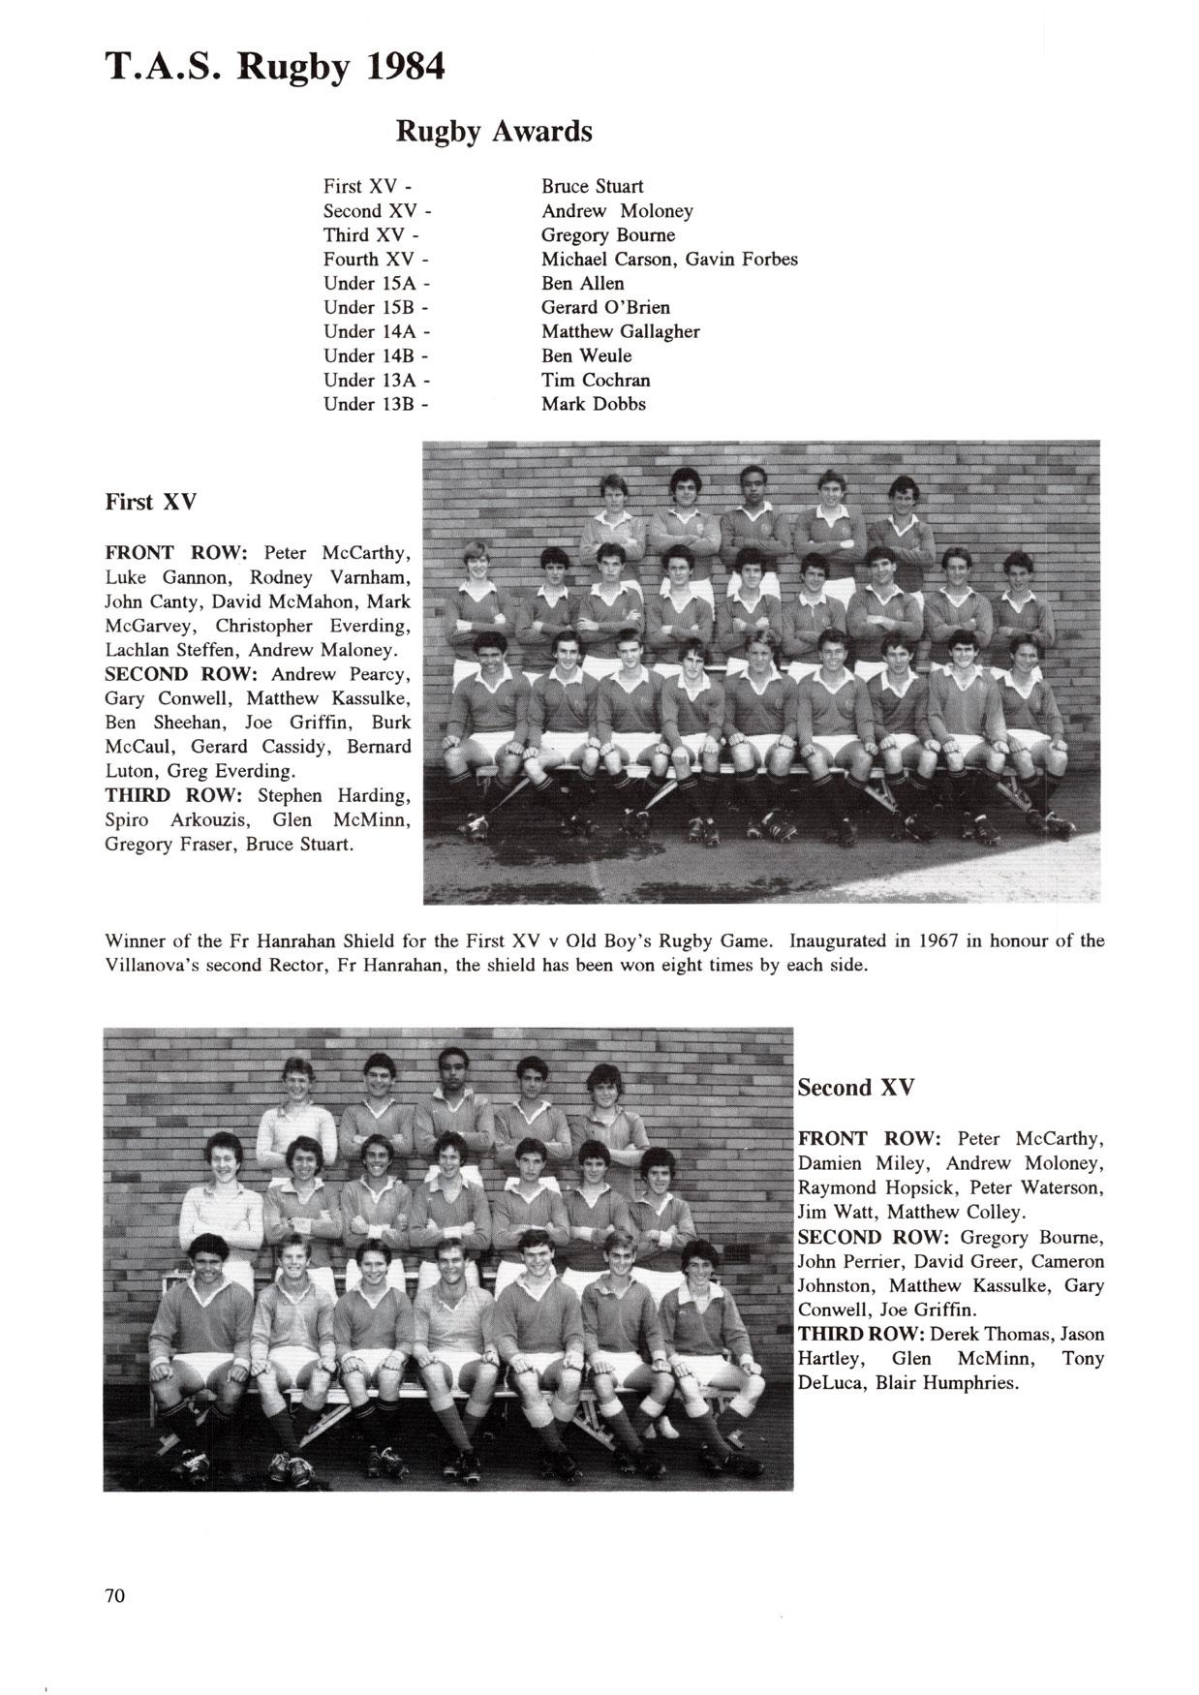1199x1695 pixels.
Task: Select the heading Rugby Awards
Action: coord(494,131)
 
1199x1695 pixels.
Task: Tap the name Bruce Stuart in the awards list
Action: coord(592,186)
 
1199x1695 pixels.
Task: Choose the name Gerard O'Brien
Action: coord(605,307)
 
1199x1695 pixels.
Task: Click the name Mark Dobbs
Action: coord(593,404)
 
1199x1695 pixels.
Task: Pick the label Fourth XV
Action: coord(372,259)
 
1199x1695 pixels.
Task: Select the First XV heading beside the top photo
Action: coord(150,502)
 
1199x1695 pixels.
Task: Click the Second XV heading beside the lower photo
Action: coord(855,1088)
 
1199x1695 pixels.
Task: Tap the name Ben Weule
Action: coord(586,355)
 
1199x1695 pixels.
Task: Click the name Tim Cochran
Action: coord(596,380)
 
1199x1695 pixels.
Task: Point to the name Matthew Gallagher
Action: coord(620,331)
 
